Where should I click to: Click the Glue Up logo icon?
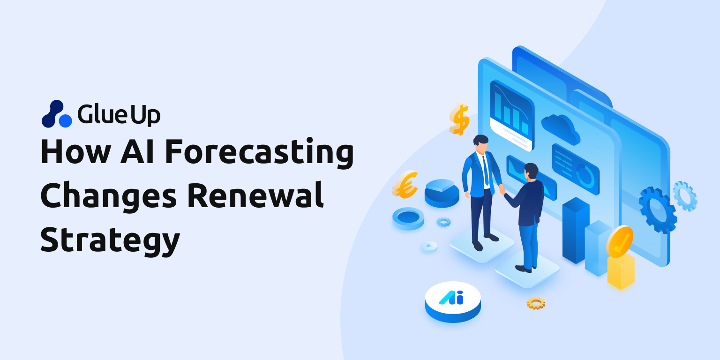point(57,114)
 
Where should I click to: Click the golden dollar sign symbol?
point(459,119)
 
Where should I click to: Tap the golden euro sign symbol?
point(405,184)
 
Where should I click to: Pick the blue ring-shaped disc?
point(408,218)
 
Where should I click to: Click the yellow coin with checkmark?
point(620,241)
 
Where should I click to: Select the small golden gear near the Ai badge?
point(536,303)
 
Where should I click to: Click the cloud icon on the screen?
point(560,127)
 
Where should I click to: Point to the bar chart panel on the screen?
point(511,115)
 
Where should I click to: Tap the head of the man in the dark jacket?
point(531,171)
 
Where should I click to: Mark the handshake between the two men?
point(502,189)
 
